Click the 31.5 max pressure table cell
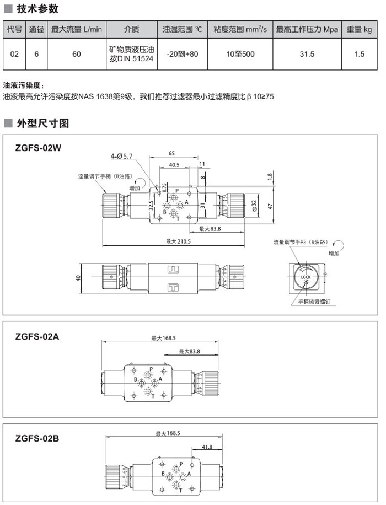coord(307,54)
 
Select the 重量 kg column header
coord(360,29)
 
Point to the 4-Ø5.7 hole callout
coord(121,157)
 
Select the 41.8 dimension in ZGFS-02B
coord(207,447)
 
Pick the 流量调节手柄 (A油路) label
coord(299,242)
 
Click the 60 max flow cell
coord(77,54)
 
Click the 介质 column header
coord(131,29)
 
